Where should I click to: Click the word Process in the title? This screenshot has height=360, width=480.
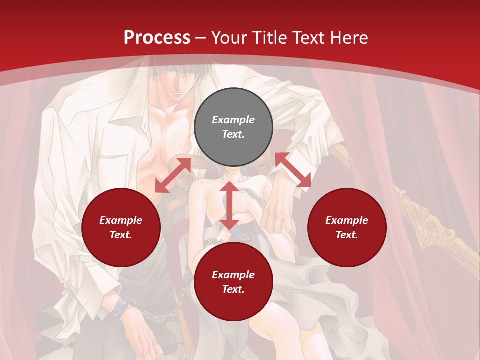pos(157,38)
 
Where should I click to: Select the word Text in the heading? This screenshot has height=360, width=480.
pos(307,38)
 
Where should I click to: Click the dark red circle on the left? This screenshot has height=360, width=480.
pos(121,227)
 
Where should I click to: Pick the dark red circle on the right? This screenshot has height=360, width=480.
pos(347,227)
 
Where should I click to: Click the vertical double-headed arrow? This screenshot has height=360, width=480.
pos(229,205)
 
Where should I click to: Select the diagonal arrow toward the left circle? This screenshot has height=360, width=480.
pos(173,175)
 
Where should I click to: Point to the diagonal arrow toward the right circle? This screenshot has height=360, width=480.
pos(293,170)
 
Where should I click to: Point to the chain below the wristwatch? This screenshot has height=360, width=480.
pos(160,315)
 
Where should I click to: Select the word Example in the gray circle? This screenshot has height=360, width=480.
pos(233,120)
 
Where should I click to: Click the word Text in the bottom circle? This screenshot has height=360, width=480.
pos(233,289)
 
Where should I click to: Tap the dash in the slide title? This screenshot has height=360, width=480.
pos(201,38)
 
